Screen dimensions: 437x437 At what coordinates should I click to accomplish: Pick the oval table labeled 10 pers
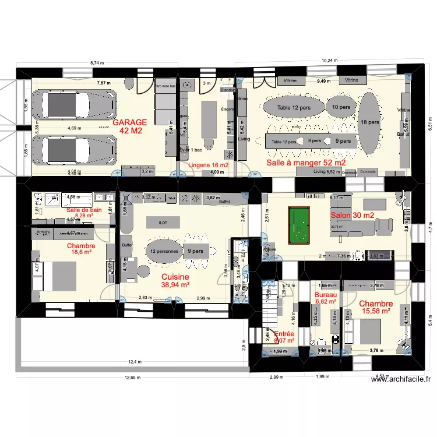[341, 108]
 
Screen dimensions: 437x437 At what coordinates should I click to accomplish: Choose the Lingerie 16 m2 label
[207, 166]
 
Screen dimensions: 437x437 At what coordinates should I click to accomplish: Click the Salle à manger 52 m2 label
[306, 163]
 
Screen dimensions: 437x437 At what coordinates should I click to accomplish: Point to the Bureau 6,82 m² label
[325, 298]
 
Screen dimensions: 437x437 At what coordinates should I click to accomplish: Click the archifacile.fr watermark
[401, 379]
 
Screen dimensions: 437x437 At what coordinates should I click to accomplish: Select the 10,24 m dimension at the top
[330, 61]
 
